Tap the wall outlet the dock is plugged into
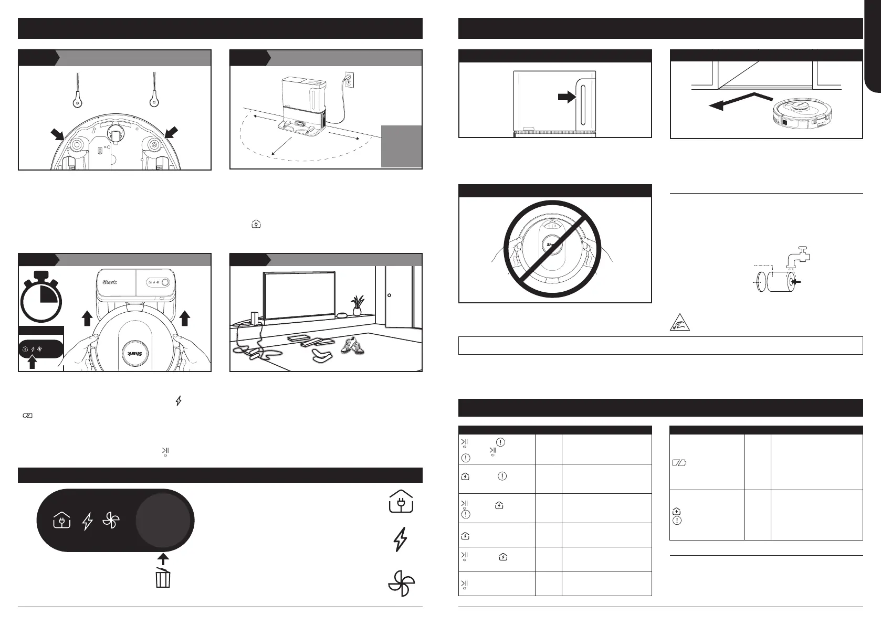(x=349, y=79)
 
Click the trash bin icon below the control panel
(x=163, y=577)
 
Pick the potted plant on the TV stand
(x=358, y=305)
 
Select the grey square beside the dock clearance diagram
(x=401, y=146)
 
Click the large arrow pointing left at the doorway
(x=740, y=101)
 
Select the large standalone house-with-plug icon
(x=401, y=502)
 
